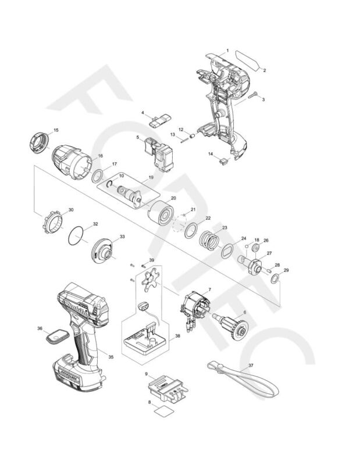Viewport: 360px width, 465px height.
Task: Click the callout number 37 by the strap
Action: click(x=251, y=366)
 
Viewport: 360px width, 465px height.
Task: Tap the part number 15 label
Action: click(x=56, y=130)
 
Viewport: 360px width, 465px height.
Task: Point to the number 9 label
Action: click(x=146, y=373)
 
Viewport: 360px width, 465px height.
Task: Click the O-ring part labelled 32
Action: click(x=77, y=237)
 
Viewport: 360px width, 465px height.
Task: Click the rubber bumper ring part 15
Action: click(x=38, y=142)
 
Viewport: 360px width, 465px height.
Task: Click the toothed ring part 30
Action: click(x=52, y=222)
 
